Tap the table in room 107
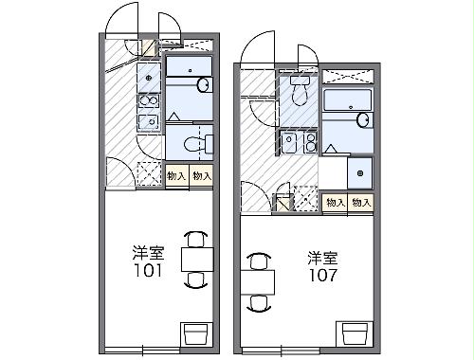point(257,281)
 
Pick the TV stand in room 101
point(196,333)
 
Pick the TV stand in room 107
point(354,333)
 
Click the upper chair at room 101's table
point(195,239)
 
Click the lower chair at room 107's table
point(257,303)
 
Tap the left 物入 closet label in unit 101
point(176,176)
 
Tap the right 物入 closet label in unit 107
point(360,203)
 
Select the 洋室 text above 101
point(150,253)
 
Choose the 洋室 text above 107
point(322,257)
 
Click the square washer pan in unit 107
point(359,172)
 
